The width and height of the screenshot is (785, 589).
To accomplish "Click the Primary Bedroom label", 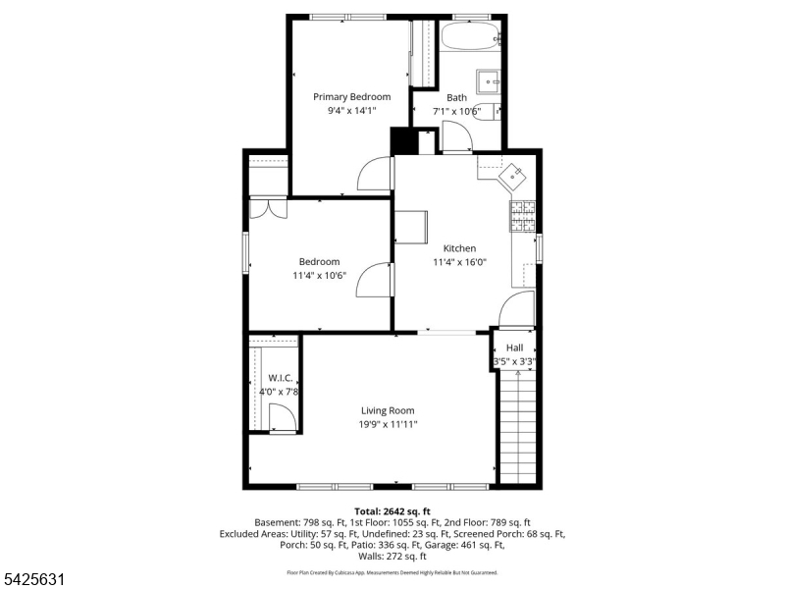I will click(x=351, y=97).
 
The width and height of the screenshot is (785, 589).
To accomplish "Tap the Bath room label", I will click(x=456, y=97).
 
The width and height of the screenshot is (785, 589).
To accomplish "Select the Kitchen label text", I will click(x=459, y=248).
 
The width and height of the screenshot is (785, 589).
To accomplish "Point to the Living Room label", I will click(x=388, y=410).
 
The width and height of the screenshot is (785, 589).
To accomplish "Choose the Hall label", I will click(x=514, y=348).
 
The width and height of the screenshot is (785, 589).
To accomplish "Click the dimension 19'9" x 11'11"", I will click(x=388, y=424).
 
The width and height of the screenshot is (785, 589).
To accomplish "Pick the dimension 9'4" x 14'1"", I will click(x=351, y=111).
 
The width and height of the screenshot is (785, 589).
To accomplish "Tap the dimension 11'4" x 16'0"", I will click(x=459, y=262).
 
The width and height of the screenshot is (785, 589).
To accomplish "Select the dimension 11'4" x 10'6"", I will click(x=319, y=275).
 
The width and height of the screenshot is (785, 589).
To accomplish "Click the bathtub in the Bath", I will click(x=469, y=38).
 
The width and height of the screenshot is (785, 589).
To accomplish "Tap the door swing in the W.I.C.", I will click(x=282, y=418).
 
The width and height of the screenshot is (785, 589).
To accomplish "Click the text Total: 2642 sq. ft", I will click(x=392, y=511).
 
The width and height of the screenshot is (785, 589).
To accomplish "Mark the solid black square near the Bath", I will click(x=402, y=141).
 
